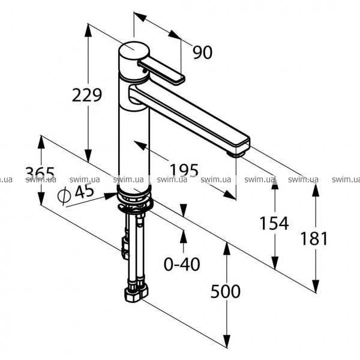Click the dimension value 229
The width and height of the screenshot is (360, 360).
coord(87,95)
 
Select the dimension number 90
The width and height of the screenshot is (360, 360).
coord(203,52)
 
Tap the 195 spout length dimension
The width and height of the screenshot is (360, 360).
coord(184,170)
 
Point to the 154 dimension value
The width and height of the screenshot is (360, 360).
coord(274,223)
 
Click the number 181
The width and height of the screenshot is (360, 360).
coord(314,238)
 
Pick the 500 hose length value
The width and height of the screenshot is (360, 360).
coord(226,291)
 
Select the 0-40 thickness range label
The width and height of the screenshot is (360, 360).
coord(182,264)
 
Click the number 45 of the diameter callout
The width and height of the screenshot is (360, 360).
coord(85,191)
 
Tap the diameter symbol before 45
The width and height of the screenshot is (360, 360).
coord(64,195)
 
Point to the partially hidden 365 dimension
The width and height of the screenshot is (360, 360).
coord(40,173)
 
